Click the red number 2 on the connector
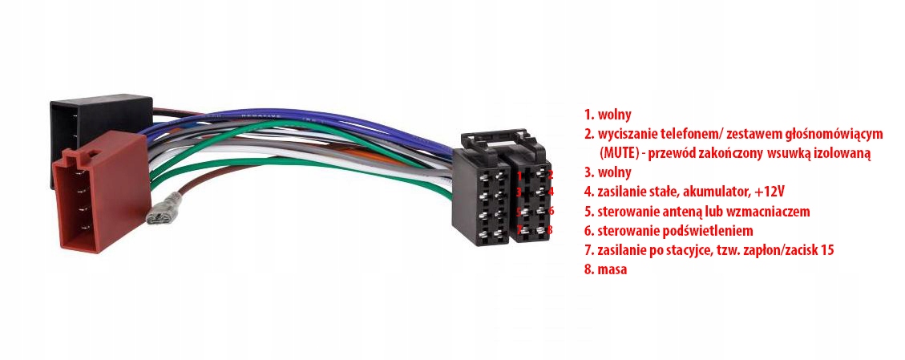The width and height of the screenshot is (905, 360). coord(550,172)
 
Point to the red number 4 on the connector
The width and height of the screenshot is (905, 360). coord(551,192)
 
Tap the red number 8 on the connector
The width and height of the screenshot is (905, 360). coord(551,229)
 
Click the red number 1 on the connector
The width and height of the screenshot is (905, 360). coord(519,173)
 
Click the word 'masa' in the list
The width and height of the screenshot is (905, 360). coord(612,269)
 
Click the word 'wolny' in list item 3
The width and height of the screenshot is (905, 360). coord(614,172)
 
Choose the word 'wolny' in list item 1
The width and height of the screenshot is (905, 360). coord(614,114)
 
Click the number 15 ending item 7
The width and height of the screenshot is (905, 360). coord(826,250)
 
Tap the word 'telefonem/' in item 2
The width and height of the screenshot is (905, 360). coord(671,133)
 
